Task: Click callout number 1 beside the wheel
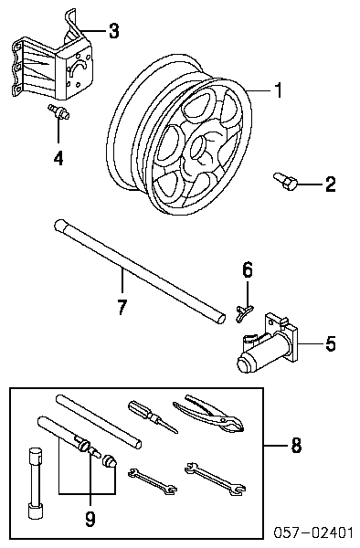[278, 90]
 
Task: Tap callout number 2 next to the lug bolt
[330, 184]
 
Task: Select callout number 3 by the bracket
[113, 31]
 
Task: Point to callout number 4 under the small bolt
[58, 158]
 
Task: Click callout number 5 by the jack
[330, 343]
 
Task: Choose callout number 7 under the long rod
[122, 307]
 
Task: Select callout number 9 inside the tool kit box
[90, 520]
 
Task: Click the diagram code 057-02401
[313, 532]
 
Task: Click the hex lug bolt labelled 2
[285, 180]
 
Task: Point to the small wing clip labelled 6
[244, 311]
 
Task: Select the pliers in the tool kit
[208, 414]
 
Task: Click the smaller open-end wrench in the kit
[153, 481]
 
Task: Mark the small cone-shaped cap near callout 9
[110, 462]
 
